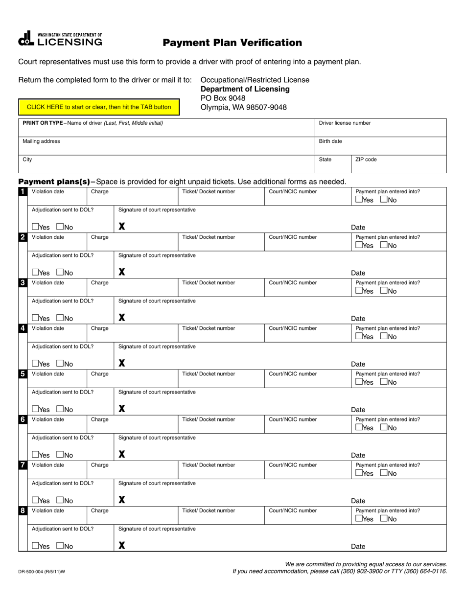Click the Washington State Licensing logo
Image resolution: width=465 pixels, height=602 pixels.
tap(60, 39)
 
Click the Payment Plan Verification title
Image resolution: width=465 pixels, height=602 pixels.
tap(232, 43)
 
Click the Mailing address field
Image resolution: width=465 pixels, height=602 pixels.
tap(166, 146)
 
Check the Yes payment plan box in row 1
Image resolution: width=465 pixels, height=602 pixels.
tap(359, 200)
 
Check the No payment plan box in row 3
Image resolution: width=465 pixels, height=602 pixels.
tap(384, 291)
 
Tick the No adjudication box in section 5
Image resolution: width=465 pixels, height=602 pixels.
tap(60, 409)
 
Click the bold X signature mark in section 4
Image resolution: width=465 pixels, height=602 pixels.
tap(122, 363)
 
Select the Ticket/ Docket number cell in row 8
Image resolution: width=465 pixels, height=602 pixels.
tap(221, 515)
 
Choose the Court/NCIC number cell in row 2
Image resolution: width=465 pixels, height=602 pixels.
tap(307, 242)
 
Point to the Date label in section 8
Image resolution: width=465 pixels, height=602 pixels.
tap(358, 547)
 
